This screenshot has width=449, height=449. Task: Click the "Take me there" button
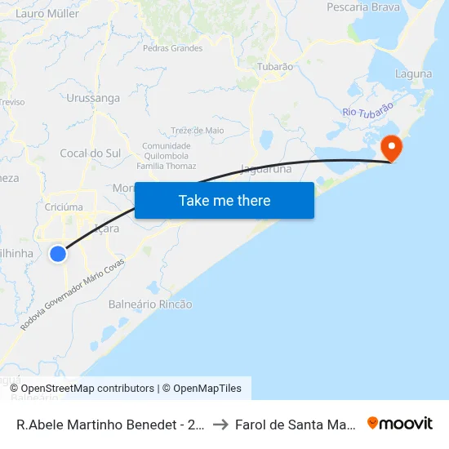tap(224, 200)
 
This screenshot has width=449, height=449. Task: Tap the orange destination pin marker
tap(392, 148)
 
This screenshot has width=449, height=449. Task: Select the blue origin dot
tap(58, 254)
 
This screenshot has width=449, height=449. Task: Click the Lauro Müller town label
tap(47, 14)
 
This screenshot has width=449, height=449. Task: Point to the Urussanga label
tap(93, 99)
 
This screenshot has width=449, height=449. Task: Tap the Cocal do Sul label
tap(91, 153)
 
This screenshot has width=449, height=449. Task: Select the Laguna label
tap(413, 73)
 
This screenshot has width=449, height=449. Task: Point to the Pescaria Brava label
tap(363, 7)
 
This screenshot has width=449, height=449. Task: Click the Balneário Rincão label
tap(150, 305)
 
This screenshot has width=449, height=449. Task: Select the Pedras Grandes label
tap(172, 48)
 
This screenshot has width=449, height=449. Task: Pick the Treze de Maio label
tap(198, 130)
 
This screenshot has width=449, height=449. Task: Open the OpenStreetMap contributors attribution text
tap(87, 389)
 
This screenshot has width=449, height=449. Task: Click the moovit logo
tap(400, 423)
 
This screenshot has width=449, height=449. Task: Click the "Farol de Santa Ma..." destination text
tap(295, 424)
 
